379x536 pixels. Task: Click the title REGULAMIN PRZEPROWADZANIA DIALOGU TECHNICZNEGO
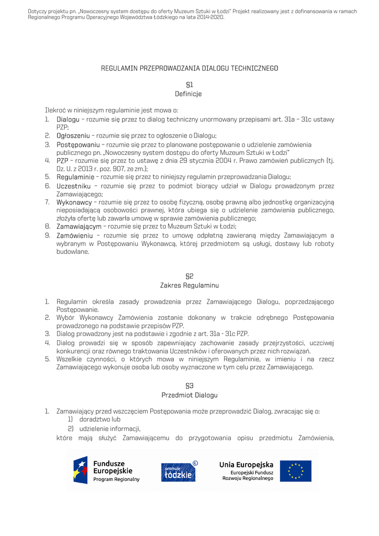[189, 68]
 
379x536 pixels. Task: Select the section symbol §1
[189, 84]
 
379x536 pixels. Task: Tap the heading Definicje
[188, 94]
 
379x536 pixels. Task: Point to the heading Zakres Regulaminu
[189, 285]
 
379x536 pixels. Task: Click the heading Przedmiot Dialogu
[189, 395]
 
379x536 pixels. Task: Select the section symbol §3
[189, 385]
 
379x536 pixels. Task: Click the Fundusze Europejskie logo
[107, 471]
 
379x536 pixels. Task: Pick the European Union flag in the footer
[296, 471]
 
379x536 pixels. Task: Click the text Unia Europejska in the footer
[246, 465]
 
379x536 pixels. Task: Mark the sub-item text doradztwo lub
[100, 420]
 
